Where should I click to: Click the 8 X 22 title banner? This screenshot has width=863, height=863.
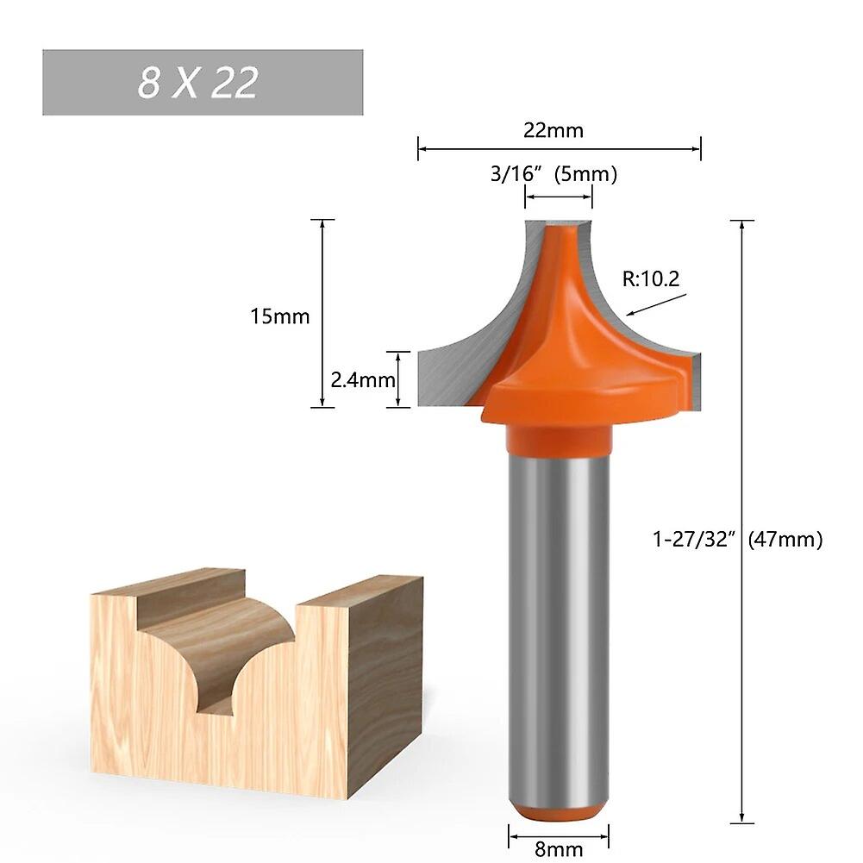point(203,83)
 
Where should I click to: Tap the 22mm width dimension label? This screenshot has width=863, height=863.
point(553,130)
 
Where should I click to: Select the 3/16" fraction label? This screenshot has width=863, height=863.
point(514,174)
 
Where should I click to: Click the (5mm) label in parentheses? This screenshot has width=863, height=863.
point(586,174)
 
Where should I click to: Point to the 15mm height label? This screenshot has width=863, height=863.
point(279,316)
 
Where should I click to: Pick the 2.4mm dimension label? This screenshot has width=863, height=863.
point(362,379)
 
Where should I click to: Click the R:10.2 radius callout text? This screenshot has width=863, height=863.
point(651,278)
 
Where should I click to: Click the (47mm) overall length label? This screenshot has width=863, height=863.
point(785,540)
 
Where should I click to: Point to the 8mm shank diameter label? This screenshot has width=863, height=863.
point(559,849)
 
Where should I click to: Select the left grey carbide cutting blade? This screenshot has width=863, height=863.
point(453,371)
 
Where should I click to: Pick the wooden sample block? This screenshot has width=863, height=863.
point(259,690)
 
